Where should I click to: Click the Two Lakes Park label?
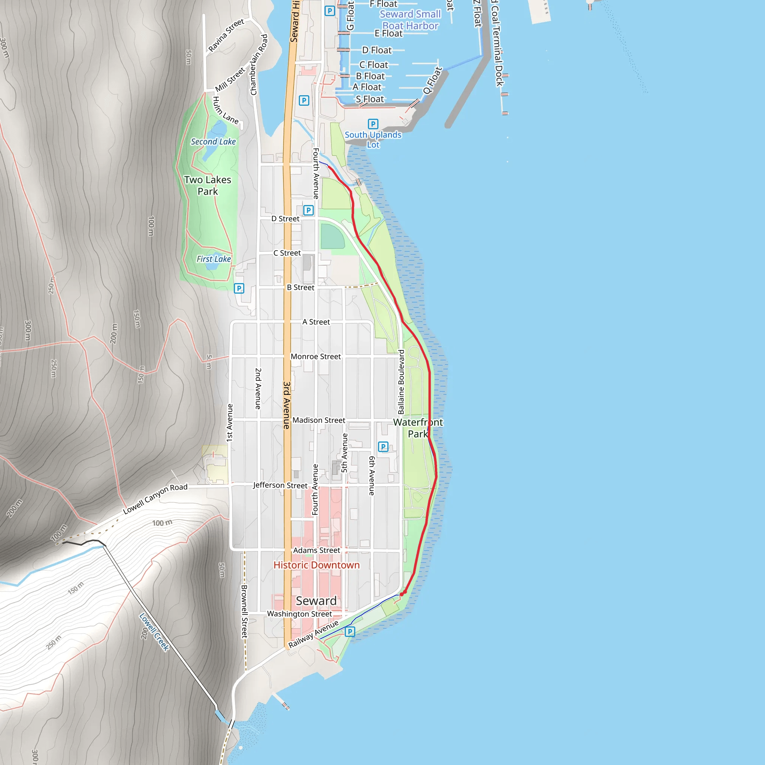(207, 185)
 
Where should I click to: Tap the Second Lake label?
(213, 142)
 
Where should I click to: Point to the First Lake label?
(213, 259)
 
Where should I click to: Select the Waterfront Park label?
(418, 428)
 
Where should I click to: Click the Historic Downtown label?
(316, 565)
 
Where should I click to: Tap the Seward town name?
(316, 601)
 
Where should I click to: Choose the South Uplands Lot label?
(373, 139)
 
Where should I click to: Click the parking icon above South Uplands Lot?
(373, 124)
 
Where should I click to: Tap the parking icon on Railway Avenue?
(350, 632)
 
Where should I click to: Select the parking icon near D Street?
(308, 210)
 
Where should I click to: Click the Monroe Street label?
(316, 356)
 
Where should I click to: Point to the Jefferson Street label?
(280, 485)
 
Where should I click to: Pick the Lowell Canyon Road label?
(155, 499)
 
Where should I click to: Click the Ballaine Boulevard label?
(401, 382)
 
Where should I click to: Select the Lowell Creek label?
(154, 632)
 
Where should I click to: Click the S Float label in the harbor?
(369, 99)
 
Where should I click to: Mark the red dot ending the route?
(402, 594)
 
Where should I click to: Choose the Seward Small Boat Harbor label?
(410, 20)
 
